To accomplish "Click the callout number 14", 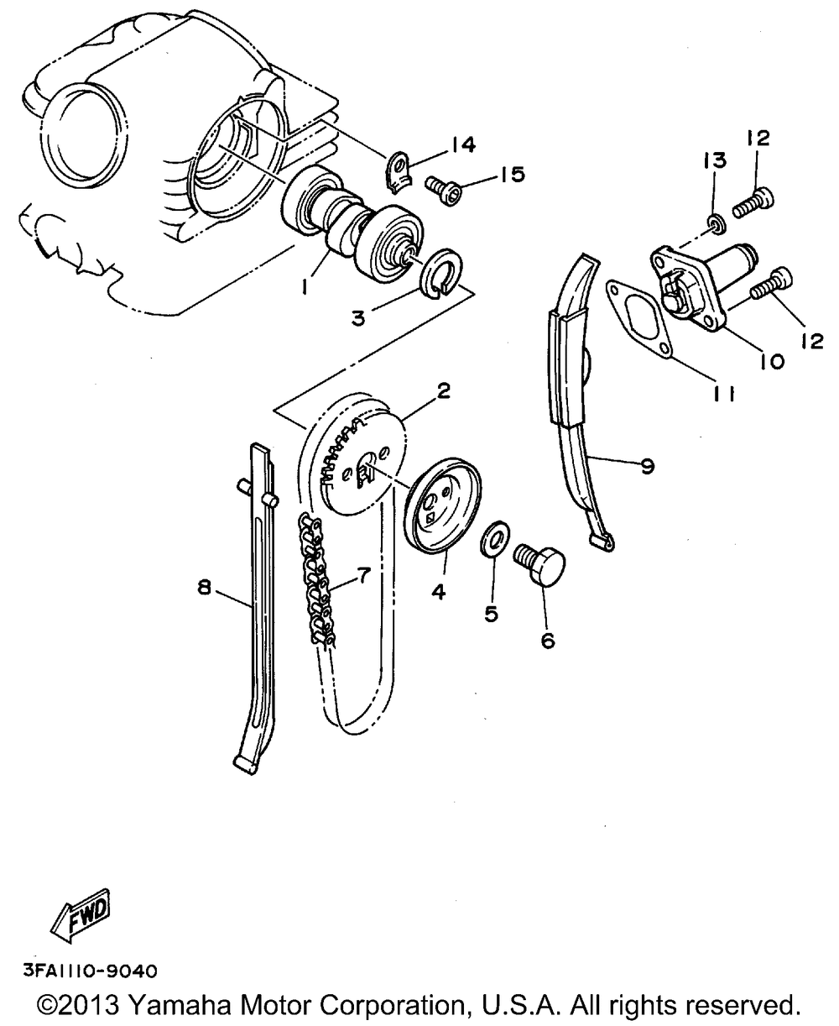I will [461, 145].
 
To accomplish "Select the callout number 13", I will [718, 160].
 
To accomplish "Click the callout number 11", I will [724, 394].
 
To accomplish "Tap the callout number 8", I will [204, 589].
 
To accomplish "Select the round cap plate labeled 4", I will [440, 505].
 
